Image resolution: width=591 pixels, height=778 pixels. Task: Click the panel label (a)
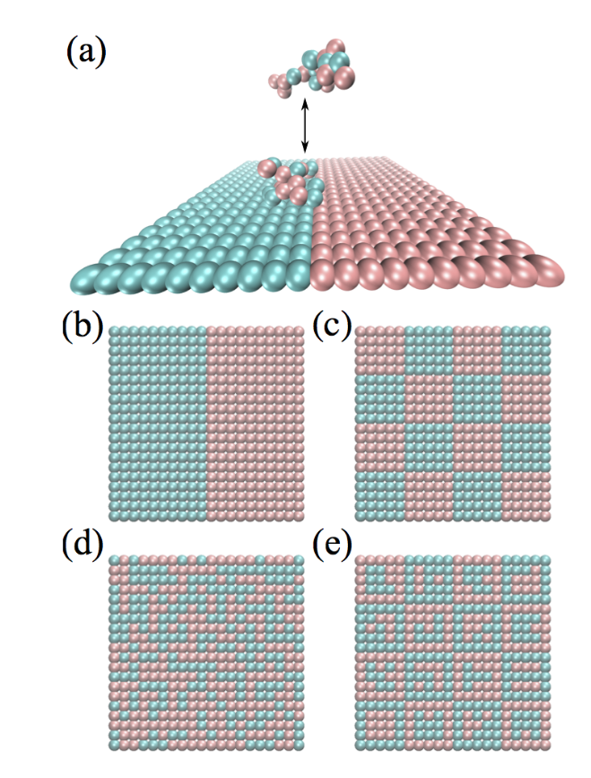point(86,53)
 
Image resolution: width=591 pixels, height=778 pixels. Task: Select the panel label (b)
point(83,328)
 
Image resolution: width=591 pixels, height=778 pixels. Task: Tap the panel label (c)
point(332,328)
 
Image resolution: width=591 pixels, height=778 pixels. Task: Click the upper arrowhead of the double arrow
point(306,104)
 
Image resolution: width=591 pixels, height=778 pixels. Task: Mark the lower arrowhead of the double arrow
point(306,147)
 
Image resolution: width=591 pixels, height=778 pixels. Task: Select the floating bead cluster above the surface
point(312,67)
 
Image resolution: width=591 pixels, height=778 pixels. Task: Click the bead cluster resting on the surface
point(290,181)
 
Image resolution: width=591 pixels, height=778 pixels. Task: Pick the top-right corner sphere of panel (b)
point(299,331)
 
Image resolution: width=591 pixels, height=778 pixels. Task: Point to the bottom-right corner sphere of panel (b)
point(299,516)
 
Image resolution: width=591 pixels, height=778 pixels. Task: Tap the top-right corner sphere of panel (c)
point(546,331)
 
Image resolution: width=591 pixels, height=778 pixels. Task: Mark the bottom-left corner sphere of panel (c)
point(361,516)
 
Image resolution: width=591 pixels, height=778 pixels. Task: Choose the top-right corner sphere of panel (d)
point(299,560)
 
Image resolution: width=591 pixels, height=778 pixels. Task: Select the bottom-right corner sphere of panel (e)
point(546,744)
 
